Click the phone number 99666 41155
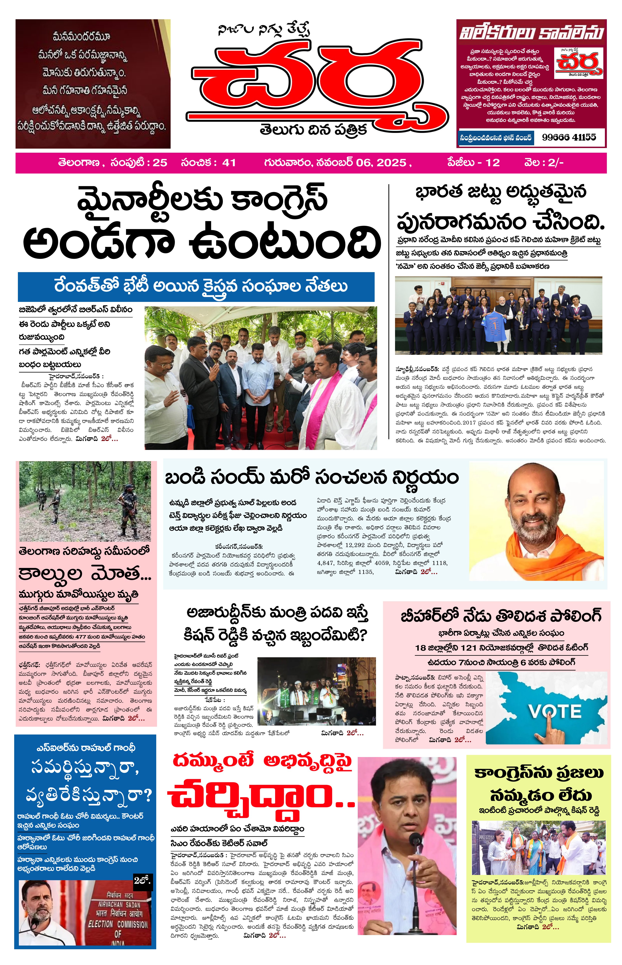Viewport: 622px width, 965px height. tap(569, 138)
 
